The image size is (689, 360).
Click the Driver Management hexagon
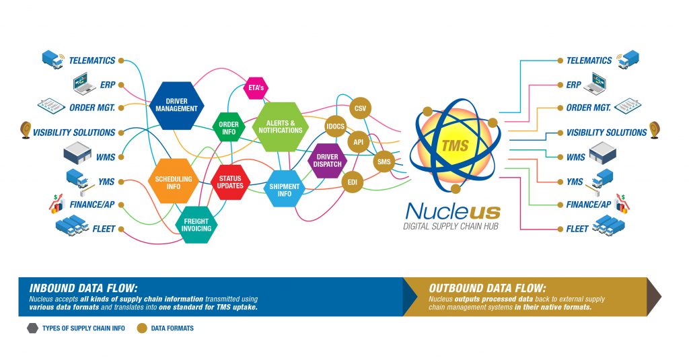[177, 106]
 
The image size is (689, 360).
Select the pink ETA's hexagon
[256, 88]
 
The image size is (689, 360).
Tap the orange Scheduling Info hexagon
[174, 182]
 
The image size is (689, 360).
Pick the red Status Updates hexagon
[230, 182]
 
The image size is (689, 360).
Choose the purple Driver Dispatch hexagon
[328, 160]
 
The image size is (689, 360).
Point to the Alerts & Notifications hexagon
[281, 127]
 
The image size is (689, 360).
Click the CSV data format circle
[360, 108]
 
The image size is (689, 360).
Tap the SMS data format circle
[384, 161]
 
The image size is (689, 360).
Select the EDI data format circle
[353, 182]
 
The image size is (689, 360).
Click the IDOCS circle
[335, 127]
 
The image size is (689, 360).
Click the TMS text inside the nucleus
[456, 145]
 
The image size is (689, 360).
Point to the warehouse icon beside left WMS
[77, 153]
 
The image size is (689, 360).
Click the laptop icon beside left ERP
[84, 83]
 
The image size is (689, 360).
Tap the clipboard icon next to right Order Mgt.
[628, 106]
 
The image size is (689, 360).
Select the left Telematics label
[92, 61]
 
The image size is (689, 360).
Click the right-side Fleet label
[577, 229]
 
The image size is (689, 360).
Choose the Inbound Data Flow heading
[83, 289]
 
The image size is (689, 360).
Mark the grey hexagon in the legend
[32, 328]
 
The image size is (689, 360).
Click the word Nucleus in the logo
[453, 211]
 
